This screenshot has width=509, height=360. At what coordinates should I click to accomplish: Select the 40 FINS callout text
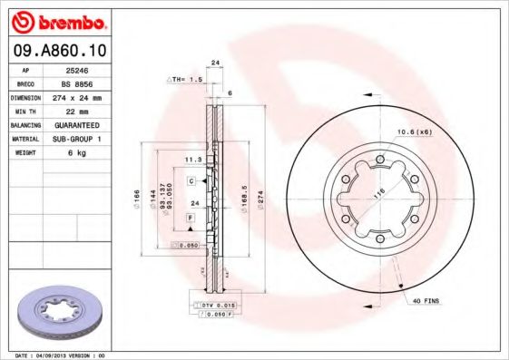coord(425,299)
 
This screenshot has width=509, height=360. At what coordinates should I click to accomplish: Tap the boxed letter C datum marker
coord(191,181)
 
